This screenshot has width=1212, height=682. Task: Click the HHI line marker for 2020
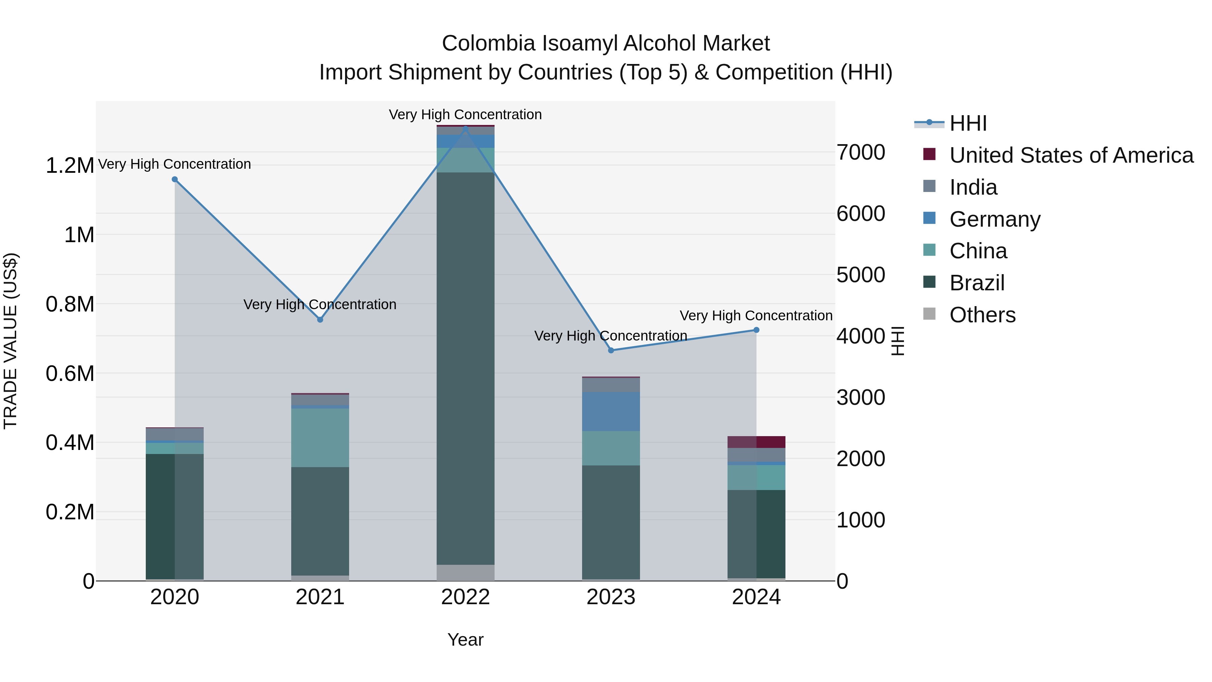[174, 179]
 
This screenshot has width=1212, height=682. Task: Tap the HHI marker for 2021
[320, 320]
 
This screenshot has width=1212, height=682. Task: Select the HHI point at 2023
[611, 350]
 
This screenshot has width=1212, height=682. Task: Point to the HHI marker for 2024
[756, 330]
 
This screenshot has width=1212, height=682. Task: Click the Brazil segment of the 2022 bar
[465, 367]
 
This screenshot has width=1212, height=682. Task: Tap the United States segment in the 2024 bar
[756, 442]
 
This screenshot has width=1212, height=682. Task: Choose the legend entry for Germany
[994, 219]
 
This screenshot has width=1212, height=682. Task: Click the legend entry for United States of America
[1071, 155]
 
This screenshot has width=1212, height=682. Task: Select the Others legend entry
[982, 315]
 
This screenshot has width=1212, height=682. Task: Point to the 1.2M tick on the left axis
[70, 166]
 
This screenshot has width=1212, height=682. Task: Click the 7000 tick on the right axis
[861, 153]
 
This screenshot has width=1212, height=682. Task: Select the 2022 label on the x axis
[465, 597]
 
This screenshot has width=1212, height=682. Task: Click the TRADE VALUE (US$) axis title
[10, 341]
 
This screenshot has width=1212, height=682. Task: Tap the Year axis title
[465, 640]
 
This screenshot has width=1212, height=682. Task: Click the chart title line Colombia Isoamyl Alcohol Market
[606, 43]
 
